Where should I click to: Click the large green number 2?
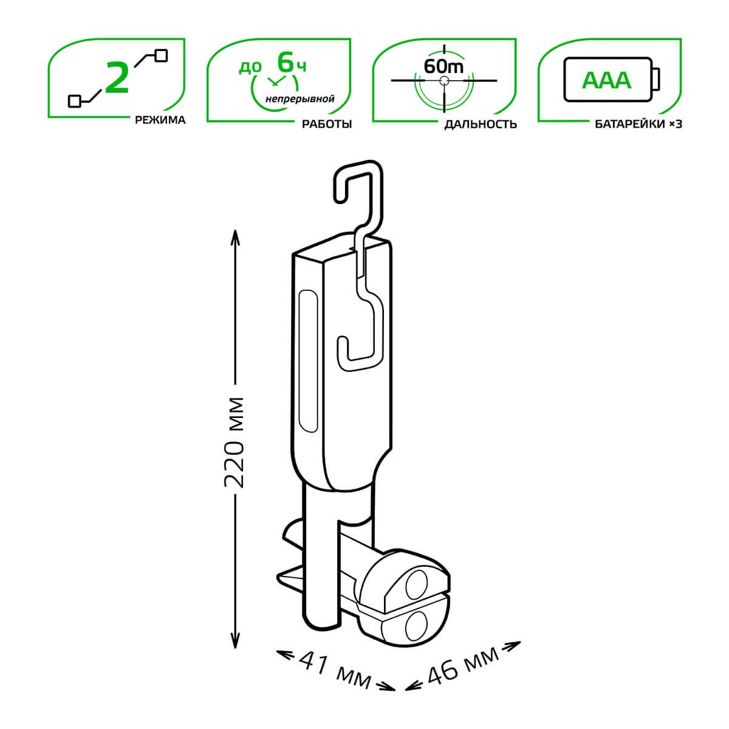[117, 78]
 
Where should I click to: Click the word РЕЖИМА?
[160, 120]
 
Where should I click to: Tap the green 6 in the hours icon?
[286, 62]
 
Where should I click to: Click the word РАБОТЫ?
[327, 123]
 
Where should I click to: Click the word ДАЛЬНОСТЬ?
[481, 124]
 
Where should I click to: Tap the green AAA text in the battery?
[607, 80]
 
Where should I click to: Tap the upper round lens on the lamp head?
[418, 584]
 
